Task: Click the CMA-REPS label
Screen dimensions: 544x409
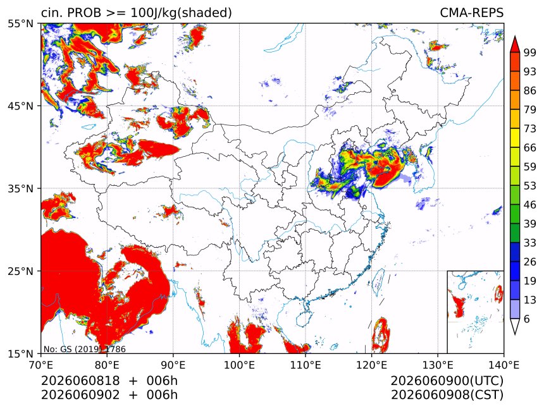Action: pyautogui.click(x=471, y=13)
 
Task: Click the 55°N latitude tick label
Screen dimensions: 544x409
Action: pyautogui.click(x=20, y=23)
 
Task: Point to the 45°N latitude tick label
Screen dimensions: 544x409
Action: pyautogui.click(x=20, y=106)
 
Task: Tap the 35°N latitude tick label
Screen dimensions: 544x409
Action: pyautogui.click(x=20, y=188)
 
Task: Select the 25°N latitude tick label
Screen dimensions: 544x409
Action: pyautogui.click(x=20, y=271)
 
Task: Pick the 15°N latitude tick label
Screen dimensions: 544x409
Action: pyautogui.click(x=20, y=353)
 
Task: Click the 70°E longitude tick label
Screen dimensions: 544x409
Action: pyautogui.click(x=41, y=365)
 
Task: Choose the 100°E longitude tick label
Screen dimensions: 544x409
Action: pyautogui.click(x=239, y=365)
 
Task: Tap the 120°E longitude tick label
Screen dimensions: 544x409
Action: pyautogui.click(x=371, y=365)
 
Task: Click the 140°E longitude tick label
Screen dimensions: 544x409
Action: pyautogui.click(x=504, y=365)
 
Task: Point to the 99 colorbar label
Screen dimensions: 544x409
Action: pyautogui.click(x=530, y=52)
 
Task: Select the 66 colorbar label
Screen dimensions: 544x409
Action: pyautogui.click(x=530, y=148)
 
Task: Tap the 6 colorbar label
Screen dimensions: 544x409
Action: pyautogui.click(x=527, y=319)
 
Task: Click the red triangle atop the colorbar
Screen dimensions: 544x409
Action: pyautogui.click(x=515, y=44)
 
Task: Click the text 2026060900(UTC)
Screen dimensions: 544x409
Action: pyautogui.click(x=447, y=381)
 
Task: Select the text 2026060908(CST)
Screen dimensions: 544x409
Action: pyautogui.click(x=447, y=395)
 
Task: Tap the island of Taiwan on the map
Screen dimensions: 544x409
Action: pyautogui.click(x=378, y=280)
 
